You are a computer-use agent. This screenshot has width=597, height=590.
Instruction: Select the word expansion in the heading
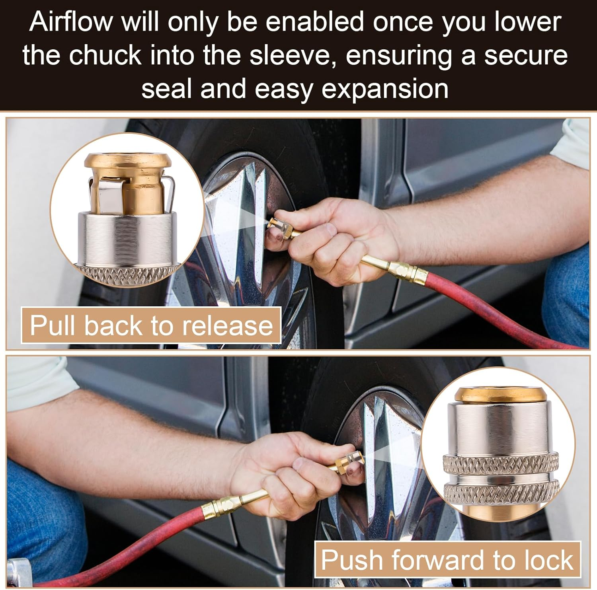pyautogui.click(x=385, y=88)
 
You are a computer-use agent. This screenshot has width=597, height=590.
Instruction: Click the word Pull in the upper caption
pyautogui.click(x=53, y=326)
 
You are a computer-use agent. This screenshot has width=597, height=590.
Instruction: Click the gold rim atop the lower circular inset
pyautogui.click(x=500, y=394)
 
